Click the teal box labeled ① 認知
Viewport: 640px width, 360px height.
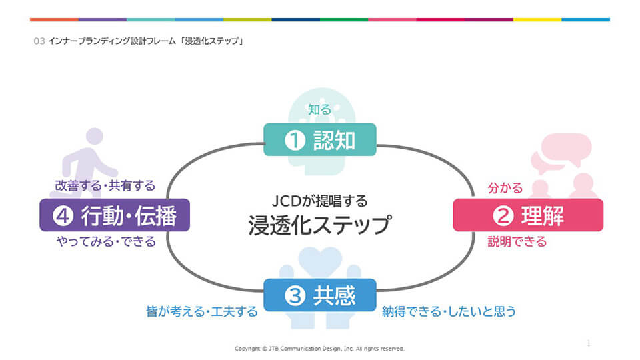(x=320, y=139)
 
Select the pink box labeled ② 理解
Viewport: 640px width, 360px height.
(x=528, y=215)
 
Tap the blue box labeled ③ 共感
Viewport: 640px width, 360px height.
(x=320, y=295)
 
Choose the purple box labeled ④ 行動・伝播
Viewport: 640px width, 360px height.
(x=115, y=215)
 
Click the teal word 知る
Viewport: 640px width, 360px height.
(x=319, y=109)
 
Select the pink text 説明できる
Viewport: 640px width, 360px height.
(x=517, y=241)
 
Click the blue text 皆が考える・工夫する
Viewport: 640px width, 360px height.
(x=201, y=311)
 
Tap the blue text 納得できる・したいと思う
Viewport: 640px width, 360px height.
(x=449, y=311)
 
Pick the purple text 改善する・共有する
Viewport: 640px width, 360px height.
(x=105, y=185)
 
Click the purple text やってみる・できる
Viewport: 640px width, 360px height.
(x=106, y=241)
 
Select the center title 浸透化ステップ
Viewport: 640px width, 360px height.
(x=319, y=224)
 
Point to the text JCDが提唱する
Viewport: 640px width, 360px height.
(x=320, y=200)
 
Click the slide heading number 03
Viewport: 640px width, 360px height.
(x=39, y=41)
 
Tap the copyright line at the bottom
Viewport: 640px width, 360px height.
(x=320, y=348)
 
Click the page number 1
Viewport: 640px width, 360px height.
(x=589, y=343)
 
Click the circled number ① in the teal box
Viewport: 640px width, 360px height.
(x=294, y=140)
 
